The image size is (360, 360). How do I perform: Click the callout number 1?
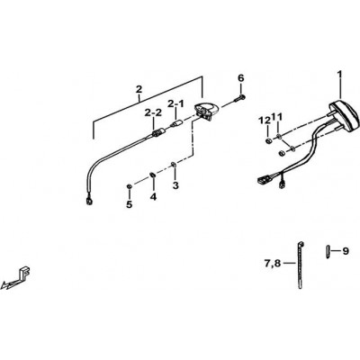[x=339, y=74]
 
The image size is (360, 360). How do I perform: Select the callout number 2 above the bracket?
[x=139, y=89]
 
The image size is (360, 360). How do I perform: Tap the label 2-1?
[x=175, y=103]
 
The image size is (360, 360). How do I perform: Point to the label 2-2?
[x=153, y=112]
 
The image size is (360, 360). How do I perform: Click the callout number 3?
[x=175, y=185]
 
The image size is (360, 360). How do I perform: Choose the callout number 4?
[x=153, y=197]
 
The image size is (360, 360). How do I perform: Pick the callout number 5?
[x=130, y=204]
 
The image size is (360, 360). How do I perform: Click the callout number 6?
[x=241, y=78]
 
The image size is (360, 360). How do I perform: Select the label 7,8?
[x=273, y=264]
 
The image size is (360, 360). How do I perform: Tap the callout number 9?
[x=346, y=251]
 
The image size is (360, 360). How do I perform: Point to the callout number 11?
[x=277, y=117]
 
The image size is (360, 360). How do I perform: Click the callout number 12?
[x=265, y=121]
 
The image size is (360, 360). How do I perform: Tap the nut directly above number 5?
[x=129, y=186]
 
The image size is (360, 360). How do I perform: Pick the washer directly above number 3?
[x=174, y=164]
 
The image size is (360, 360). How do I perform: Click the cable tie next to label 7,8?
[x=301, y=265]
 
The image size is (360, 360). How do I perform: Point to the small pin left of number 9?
[x=328, y=251]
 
